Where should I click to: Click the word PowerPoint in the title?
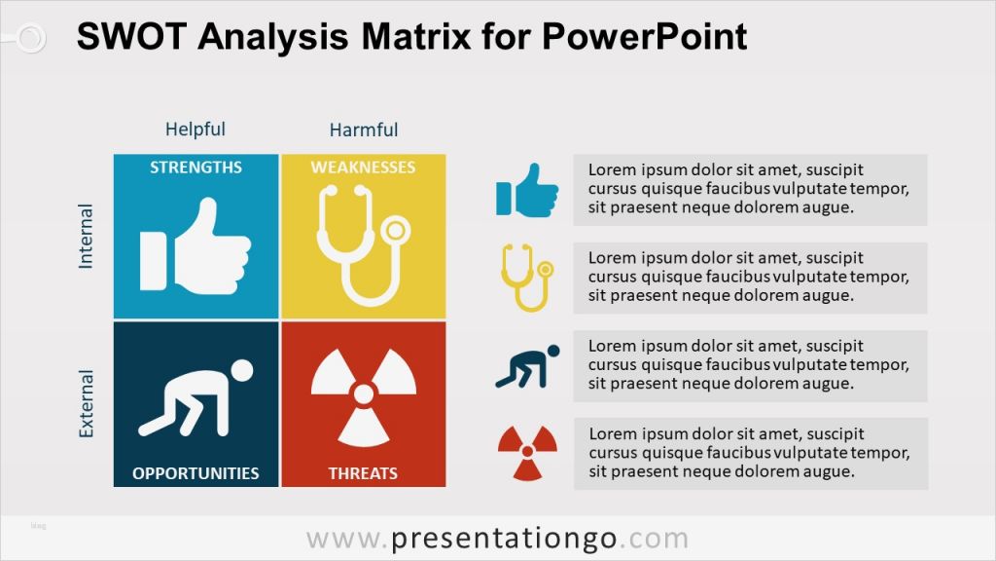pos(642,37)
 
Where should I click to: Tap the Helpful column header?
pos(195,130)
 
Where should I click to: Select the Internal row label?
pos(87,237)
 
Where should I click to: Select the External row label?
pos(87,403)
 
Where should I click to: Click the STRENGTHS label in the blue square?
pos(196,168)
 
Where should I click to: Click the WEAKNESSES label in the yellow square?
pos(363,168)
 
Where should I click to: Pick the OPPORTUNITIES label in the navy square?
pos(196,473)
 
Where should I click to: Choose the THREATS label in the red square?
pos(363,473)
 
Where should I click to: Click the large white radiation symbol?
pos(363,395)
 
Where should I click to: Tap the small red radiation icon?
pos(528,453)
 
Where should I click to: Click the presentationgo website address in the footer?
pos(497,539)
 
